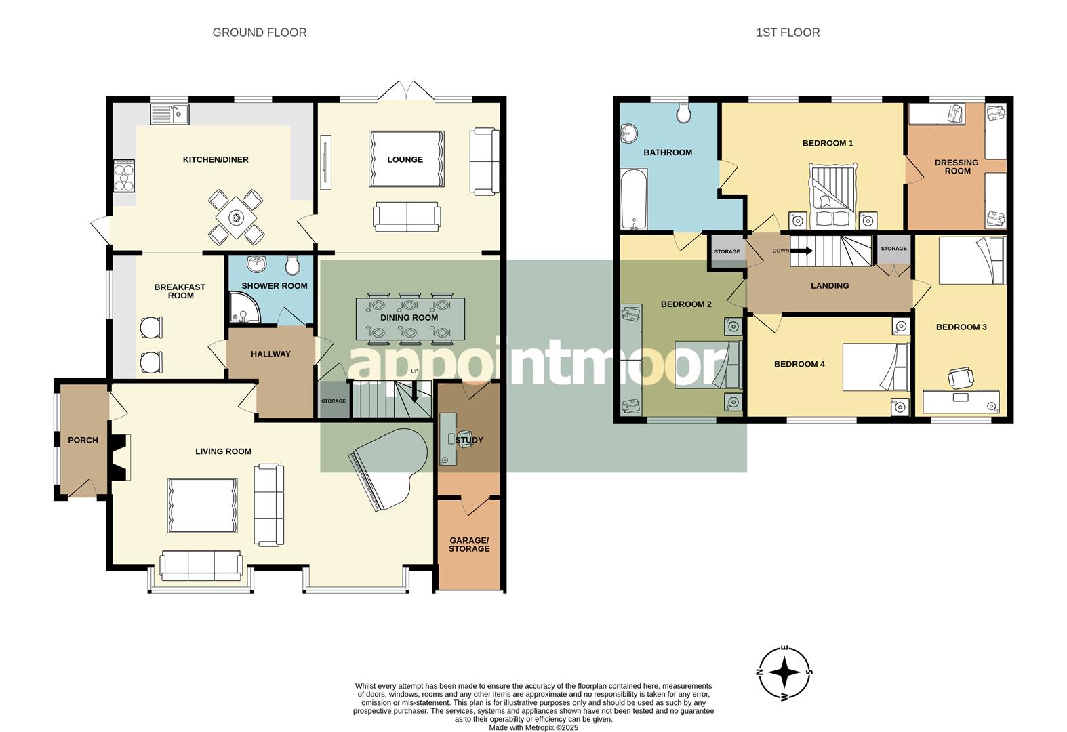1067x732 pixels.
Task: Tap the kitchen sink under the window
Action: (x=170, y=113)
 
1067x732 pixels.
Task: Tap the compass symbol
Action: (x=785, y=673)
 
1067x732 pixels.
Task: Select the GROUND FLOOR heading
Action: (x=259, y=33)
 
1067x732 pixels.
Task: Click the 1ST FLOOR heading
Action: (x=788, y=33)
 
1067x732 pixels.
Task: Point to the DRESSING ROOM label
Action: (x=957, y=167)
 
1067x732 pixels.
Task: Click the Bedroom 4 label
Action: (x=799, y=364)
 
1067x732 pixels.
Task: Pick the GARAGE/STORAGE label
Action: (x=468, y=544)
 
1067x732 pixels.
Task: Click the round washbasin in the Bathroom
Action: (x=629, y=133)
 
